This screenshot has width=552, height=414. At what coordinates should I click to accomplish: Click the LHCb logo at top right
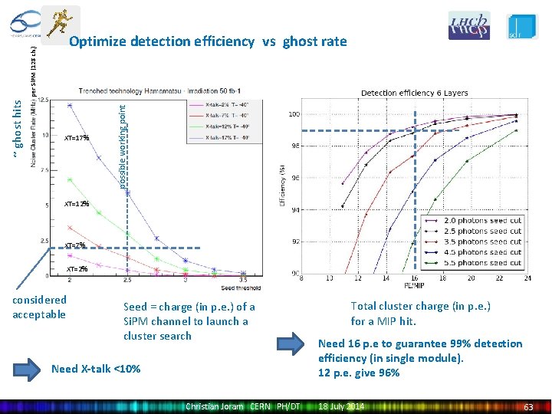[469, 25]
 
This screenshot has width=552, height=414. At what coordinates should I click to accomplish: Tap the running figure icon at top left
[61, 24]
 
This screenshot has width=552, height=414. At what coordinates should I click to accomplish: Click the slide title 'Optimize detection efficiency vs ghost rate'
[208, 41]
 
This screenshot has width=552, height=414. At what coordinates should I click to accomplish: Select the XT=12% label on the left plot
[77, 205]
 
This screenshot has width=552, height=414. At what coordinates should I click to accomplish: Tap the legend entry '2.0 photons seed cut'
[484, 221]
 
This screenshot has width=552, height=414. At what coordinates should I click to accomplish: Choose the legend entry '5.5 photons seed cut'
[484, 262]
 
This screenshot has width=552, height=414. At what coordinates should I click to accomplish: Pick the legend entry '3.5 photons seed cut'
[484, 242]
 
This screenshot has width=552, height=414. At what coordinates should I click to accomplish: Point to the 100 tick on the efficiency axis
[294, 115]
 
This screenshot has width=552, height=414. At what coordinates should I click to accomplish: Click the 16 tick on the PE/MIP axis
[414, 278]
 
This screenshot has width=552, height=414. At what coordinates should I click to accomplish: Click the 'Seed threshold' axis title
[240, 288]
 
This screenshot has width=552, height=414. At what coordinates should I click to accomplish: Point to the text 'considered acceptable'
[40, 307]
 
